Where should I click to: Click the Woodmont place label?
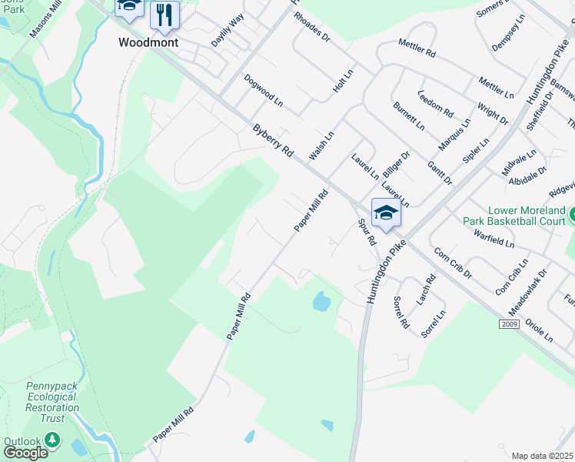(x=148, y=42)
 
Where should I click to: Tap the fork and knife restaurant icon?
(x=164, y=14)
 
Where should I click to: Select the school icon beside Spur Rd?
(x=386, y=213)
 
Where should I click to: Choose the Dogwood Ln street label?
(x=264, y=90)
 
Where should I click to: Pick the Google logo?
(x=25, y=453)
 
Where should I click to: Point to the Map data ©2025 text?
(x=543, y=456)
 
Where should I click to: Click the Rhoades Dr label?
(x=311, y=26)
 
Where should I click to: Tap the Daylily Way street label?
(x=228, y=28)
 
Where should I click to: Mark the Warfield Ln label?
(x=494, y=238)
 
